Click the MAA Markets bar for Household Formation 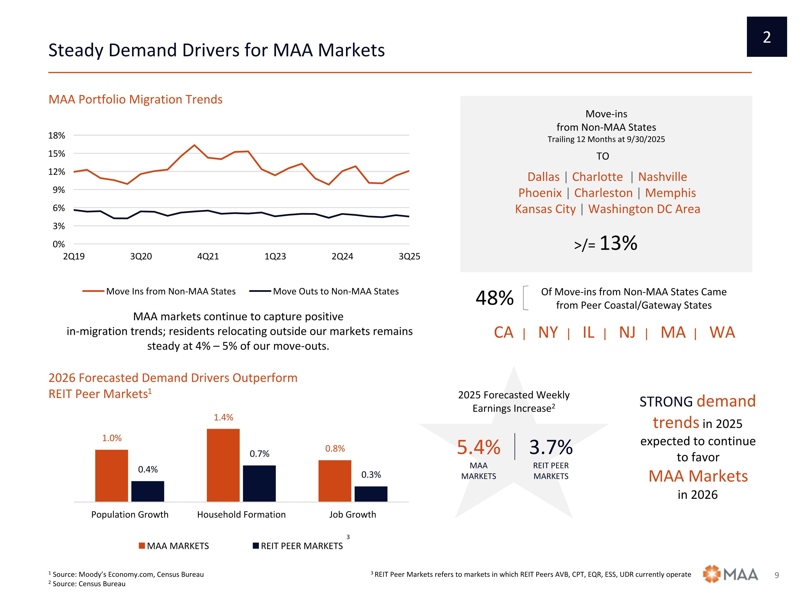coord(223,465)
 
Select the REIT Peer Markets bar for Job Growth coord(371,494)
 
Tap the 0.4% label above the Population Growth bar coord(148,470)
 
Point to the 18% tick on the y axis coord(57,136)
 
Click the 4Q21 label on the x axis coord(208,257)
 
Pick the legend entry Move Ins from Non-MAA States coord(170,292)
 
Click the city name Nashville coord(662,177)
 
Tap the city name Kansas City coord(545,209)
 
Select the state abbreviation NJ coord(627,333)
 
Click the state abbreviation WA coord(722,333)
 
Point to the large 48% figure coord(494,298)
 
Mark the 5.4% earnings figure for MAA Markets coord(478,448)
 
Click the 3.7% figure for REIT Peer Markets coord(551,448)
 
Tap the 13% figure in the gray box coord(618,243)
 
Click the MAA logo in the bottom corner coord(730,574)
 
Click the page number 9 coord(777,575)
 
